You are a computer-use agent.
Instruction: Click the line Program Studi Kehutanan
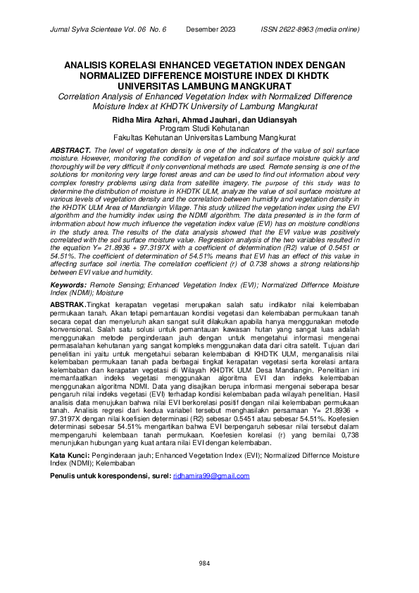tap(209, 130)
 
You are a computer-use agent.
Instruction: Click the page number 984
tap(204, 563)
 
